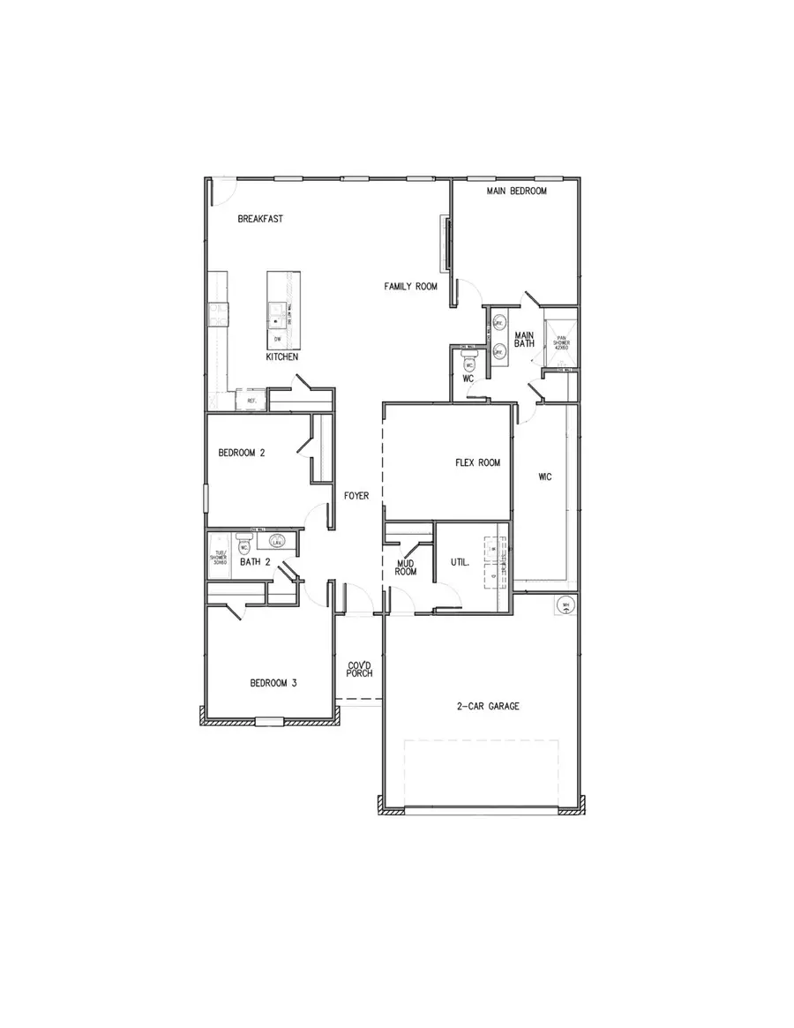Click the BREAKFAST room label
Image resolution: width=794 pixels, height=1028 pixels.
260,219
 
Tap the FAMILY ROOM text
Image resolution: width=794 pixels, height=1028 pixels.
410,287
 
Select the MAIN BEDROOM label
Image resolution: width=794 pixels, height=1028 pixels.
517,191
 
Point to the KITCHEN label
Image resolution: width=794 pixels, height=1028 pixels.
282,358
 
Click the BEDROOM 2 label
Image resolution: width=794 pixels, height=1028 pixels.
242,453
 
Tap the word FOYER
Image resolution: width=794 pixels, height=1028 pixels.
356,496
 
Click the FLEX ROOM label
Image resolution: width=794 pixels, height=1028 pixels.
477,462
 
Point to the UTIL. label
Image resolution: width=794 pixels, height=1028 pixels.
460,561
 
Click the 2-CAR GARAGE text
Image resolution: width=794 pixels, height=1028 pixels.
487,706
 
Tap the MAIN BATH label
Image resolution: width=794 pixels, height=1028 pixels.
524,340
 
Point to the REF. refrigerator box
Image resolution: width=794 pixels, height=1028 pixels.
251,401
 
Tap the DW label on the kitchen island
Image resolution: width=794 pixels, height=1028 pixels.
277,339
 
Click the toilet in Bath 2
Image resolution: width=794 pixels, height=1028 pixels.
243,546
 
